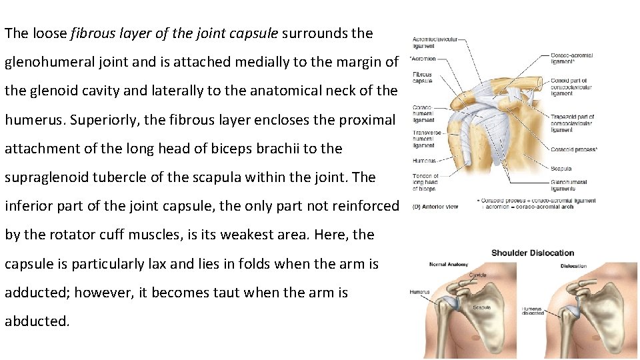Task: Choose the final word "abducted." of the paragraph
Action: (37, 321)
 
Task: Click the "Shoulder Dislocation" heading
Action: (532, 253)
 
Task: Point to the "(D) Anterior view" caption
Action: (435, 207)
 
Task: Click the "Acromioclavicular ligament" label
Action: (435, 43)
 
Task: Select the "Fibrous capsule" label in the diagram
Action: (422, 77)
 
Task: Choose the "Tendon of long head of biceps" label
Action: (425, 182)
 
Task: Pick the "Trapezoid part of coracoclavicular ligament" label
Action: (571, 123)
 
